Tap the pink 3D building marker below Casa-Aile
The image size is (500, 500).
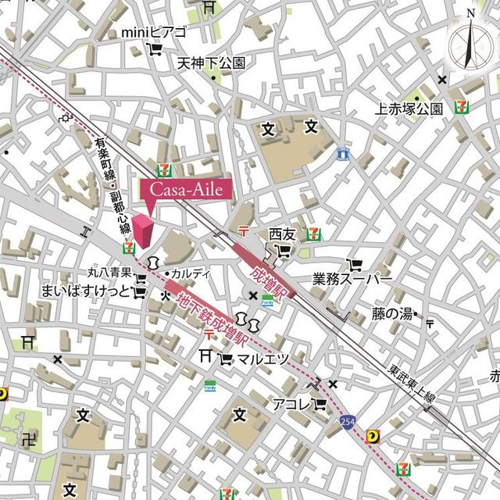click(143, 231)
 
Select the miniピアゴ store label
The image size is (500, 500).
click(154, 32)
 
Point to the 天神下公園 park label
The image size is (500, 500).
click(211, 62)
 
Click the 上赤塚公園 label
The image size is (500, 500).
click(409, 109)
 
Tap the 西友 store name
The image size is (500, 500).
click(282, 234)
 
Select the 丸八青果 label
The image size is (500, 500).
click(109, 273)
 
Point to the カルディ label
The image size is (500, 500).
click(191, 273)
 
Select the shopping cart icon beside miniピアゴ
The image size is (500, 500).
click(156, 49)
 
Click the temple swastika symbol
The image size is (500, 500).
click(31, 439)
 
